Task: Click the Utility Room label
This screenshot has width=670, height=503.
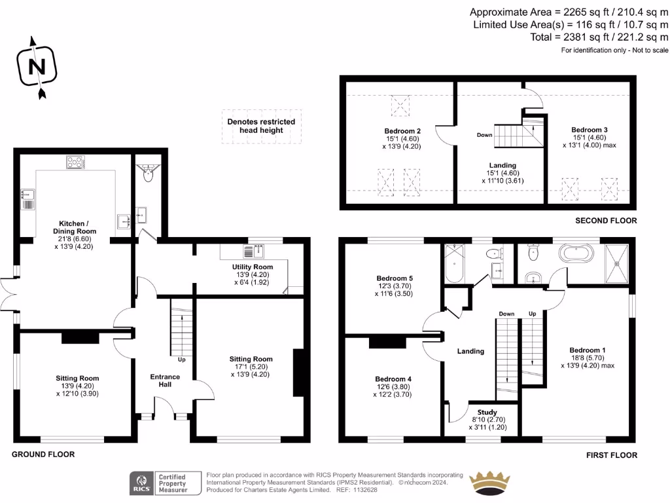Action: (252, 267)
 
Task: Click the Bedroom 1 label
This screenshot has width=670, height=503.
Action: (587, 350)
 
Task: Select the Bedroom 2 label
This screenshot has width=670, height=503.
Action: (402, 131)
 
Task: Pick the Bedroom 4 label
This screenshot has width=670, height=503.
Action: (393, 379)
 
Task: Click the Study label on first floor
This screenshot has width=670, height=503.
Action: (487, 412)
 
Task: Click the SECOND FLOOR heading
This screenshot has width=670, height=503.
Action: (606, 221)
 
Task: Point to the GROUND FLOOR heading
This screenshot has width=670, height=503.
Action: (43, 454)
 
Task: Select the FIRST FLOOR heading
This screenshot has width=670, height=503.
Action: (611, 455)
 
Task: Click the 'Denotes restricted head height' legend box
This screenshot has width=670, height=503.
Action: (261, 126)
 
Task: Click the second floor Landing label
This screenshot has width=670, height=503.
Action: (502, 165)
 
